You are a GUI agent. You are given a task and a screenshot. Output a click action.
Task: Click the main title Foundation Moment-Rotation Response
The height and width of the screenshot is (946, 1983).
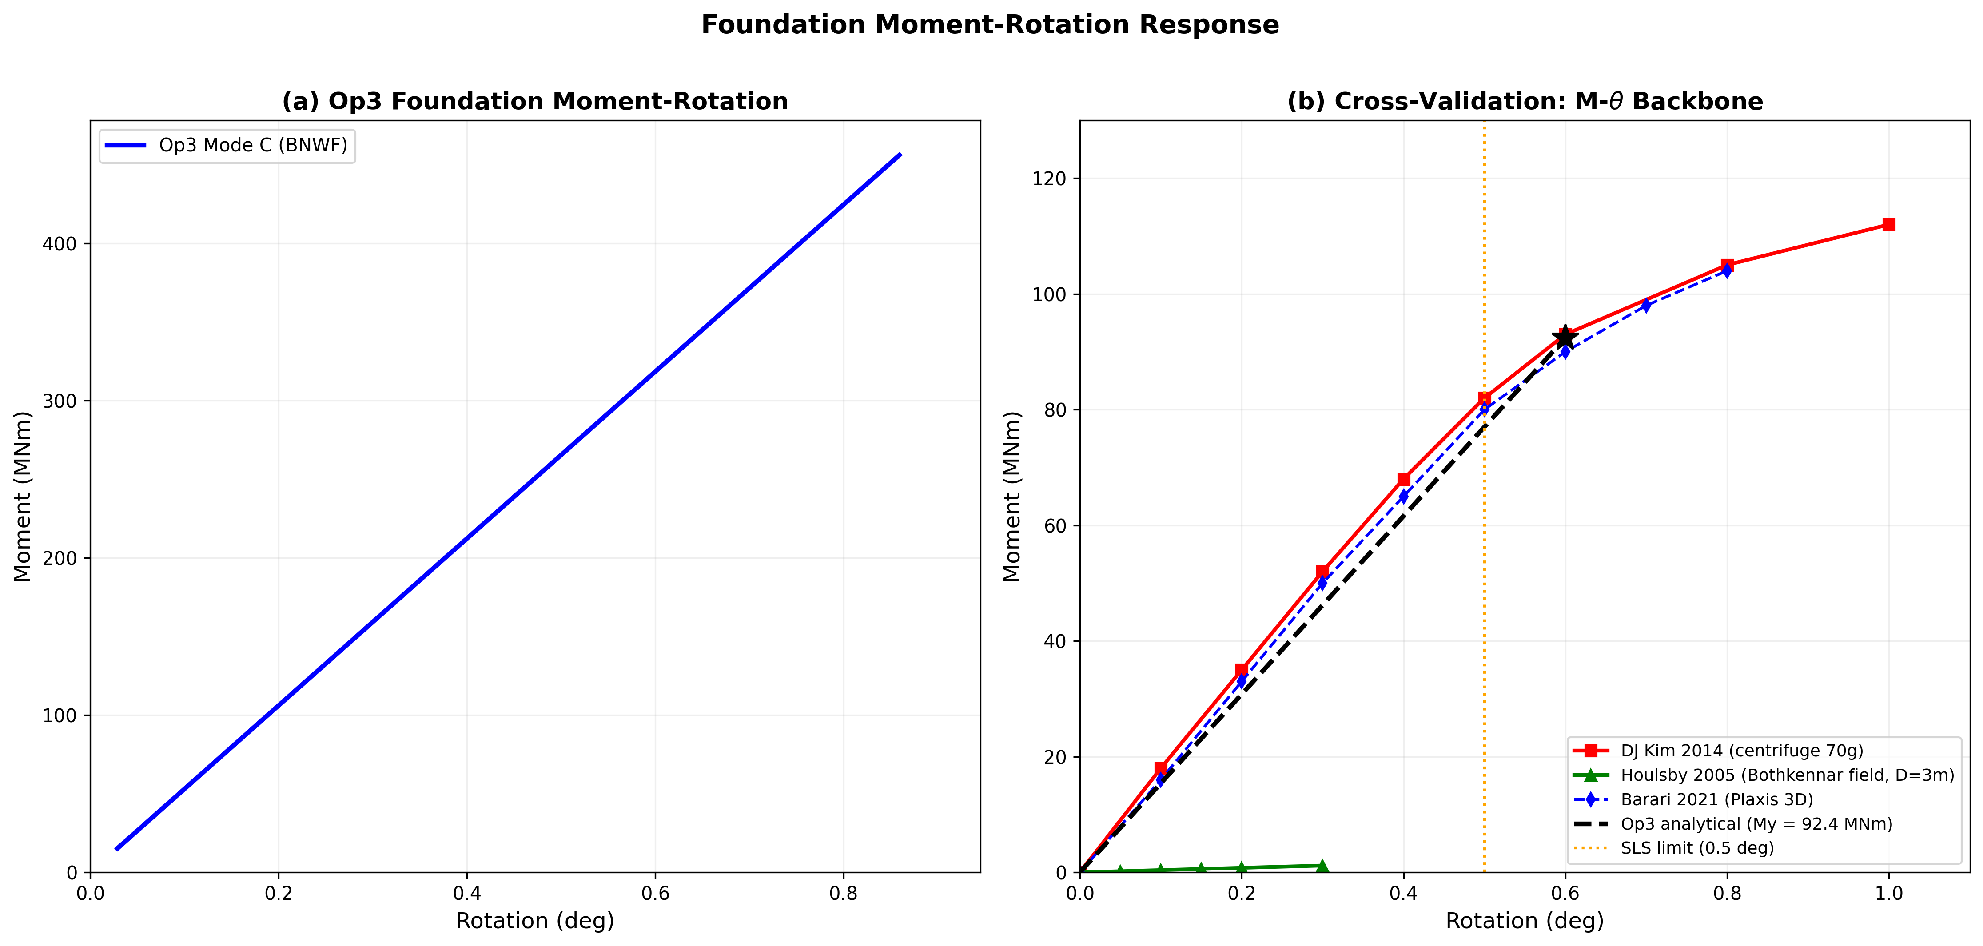point(990,24)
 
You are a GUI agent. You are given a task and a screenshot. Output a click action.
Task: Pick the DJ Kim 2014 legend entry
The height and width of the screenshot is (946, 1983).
point(1741,751)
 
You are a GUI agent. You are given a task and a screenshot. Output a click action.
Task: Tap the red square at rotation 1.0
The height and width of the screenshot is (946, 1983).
point(1888,225)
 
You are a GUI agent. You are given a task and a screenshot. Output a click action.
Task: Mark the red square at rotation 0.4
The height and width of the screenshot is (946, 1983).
point(1403,480)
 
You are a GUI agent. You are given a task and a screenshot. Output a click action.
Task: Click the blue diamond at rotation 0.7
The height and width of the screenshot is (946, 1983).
point(1646,306)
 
